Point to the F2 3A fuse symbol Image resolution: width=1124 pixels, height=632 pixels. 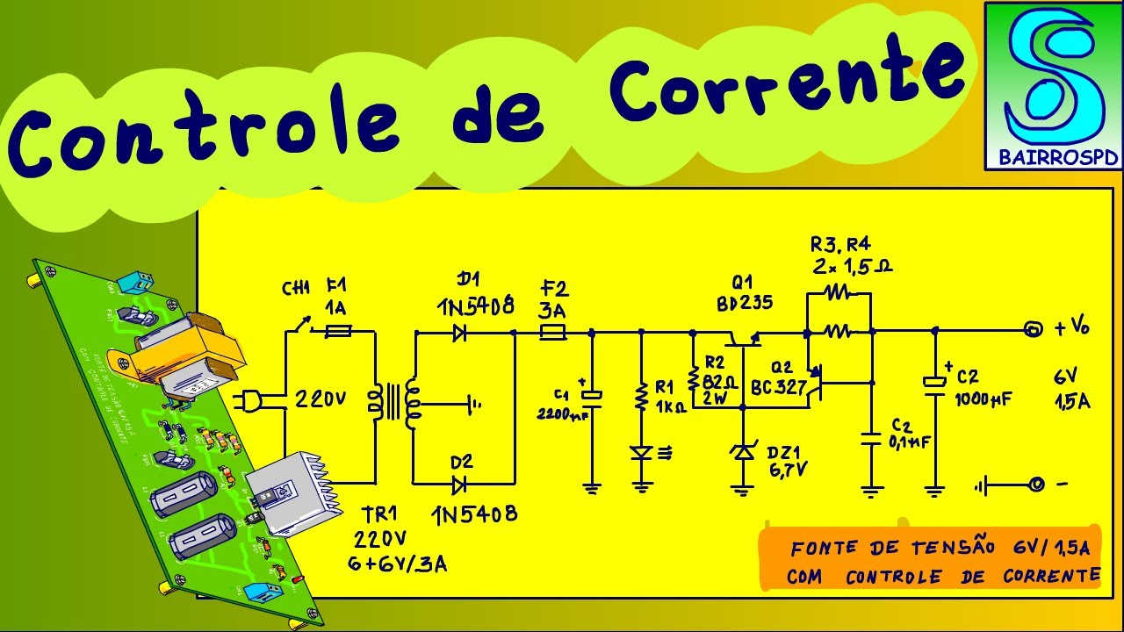pos(553,333)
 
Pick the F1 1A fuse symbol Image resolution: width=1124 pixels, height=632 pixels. pos(339,332)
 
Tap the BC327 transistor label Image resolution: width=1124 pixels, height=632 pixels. pos(779,386)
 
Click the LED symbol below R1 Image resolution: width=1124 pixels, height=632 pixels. pos(642,453)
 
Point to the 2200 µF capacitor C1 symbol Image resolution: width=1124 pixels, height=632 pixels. pos(593,396)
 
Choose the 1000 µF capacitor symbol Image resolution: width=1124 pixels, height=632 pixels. pos(934,383)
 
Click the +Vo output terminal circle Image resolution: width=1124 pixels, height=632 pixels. pos(1035,330)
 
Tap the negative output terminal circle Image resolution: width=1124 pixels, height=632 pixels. pos(1036,484)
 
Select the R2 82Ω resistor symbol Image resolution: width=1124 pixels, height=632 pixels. pos(693,379)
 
